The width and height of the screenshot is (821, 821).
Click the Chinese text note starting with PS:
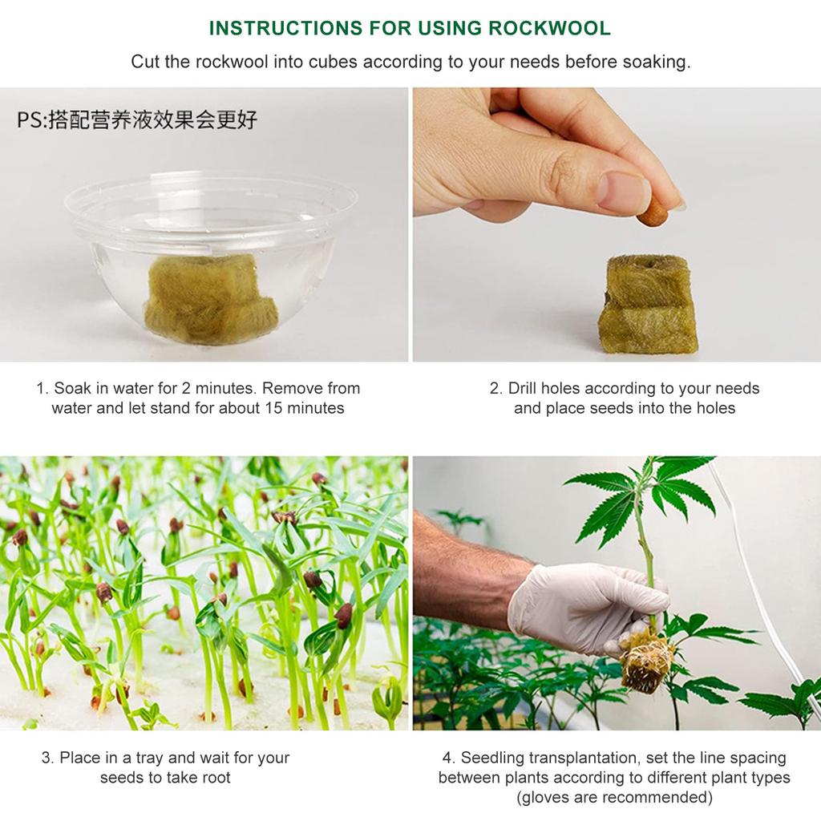pos(137,120)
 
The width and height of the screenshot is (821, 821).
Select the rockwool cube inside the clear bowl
pos(210,297)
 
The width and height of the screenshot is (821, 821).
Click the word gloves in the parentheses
pos(549,798)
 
